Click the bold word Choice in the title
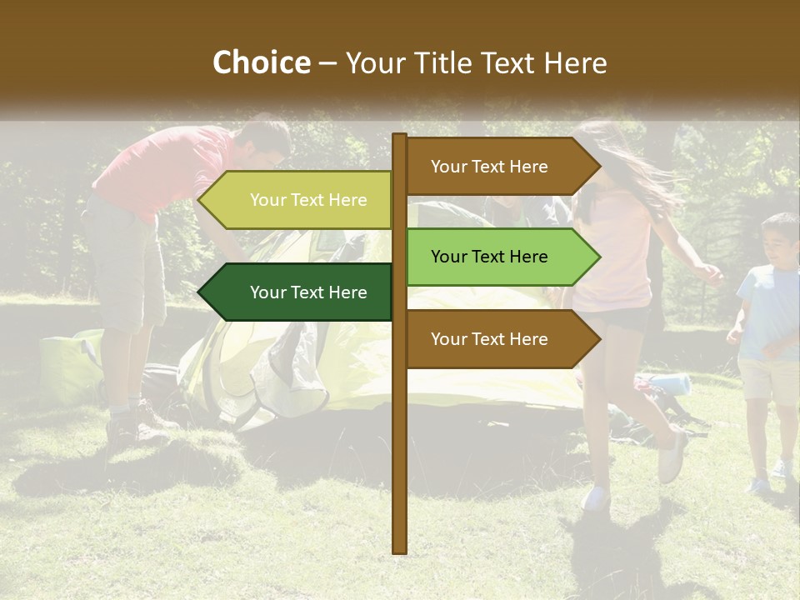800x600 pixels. tap(261, 62)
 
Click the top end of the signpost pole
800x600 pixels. tap(400, 137)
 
